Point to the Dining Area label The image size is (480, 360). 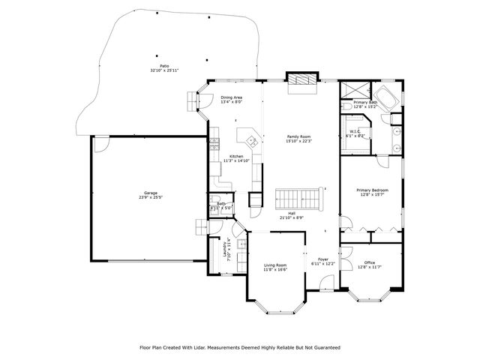click(x=231, y=97)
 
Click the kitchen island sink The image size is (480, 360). click(x=249, y=139)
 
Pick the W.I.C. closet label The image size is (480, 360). click(x=355, y=132)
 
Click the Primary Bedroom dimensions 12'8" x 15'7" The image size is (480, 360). click(x=372, y=195)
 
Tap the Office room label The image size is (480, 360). click(x=370, y=262)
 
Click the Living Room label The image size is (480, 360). click(x=275, y=265)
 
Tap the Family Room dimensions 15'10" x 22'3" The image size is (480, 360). click(x=298, y=141)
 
